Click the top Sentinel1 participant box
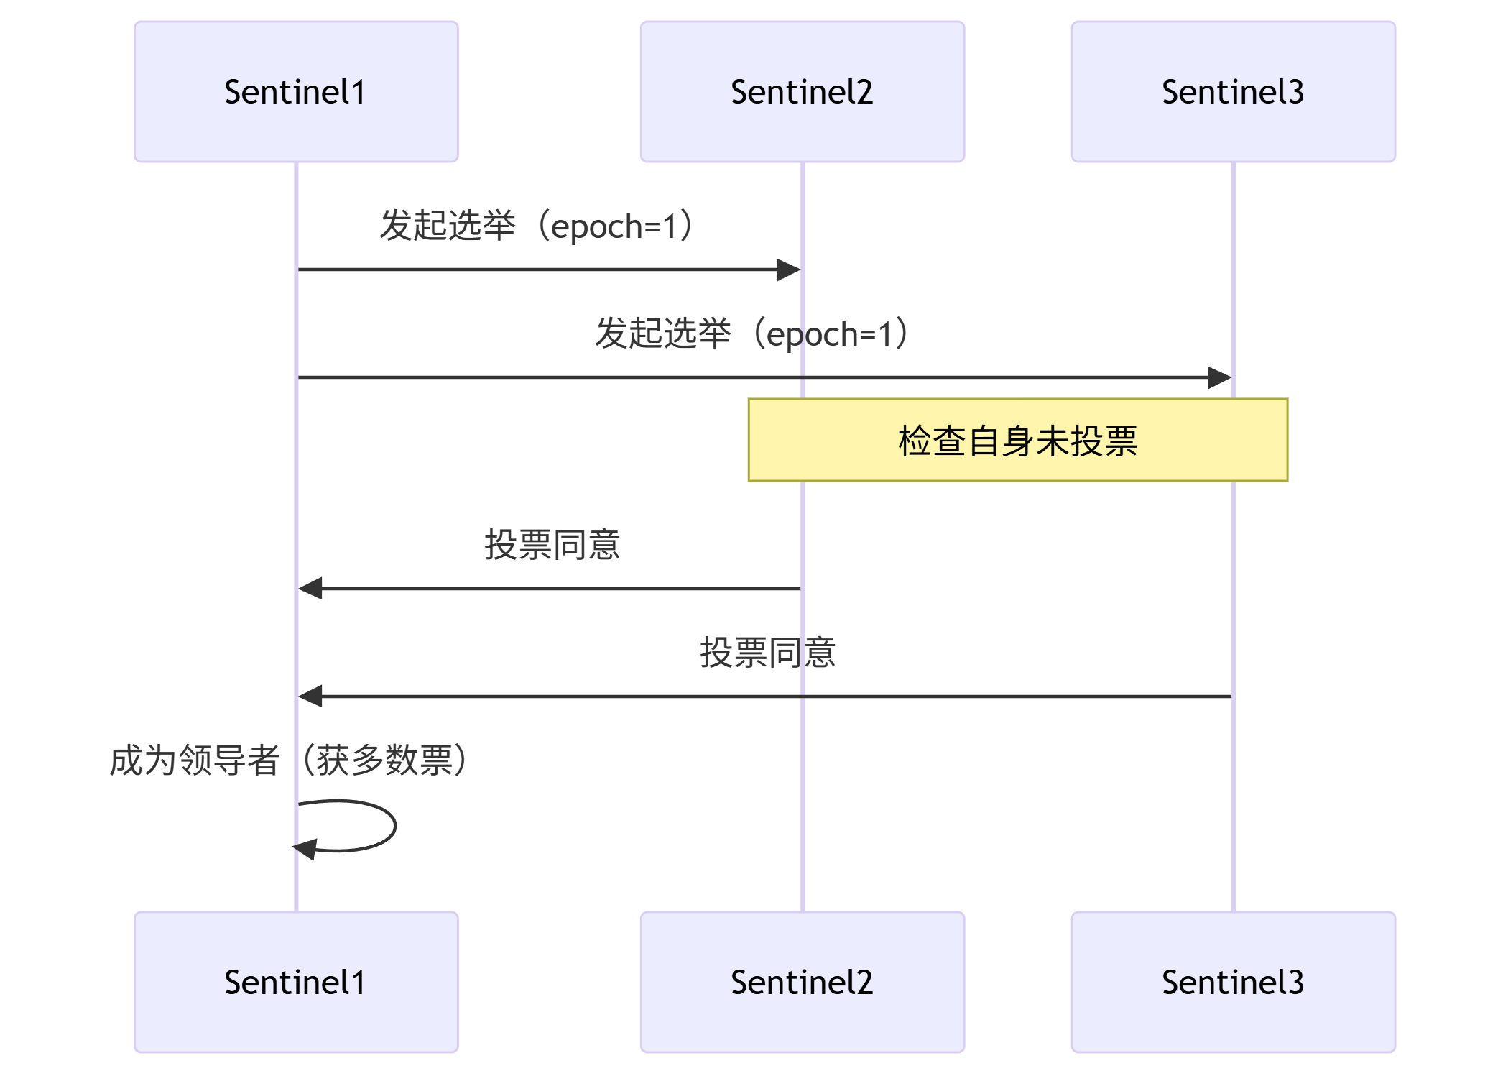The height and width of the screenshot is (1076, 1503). tap(296, 91)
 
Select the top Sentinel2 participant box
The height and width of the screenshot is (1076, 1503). tap(802, 91)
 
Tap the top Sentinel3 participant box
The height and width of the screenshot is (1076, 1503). tap(1233, 91)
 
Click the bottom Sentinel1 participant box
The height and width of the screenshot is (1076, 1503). tap(296, 982)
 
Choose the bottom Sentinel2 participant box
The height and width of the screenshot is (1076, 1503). tap(802, 982)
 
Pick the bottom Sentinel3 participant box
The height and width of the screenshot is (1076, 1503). tap(1233, 982)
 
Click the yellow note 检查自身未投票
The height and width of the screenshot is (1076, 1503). tap(1017, 440)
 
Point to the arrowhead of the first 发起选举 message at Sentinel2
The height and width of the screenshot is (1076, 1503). tap(790, 270)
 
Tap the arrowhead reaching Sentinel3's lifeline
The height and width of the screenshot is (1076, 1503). tap(1220, 377)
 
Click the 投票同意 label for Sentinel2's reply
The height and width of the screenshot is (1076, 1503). tap(552, 544)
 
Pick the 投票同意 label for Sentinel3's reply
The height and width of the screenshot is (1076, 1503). tap(767, 652)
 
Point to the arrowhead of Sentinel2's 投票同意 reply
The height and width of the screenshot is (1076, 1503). tap(310, 588)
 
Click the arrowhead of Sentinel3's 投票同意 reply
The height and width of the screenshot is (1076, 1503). tap(310, 696)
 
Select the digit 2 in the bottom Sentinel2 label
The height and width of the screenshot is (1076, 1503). tap(864, 983)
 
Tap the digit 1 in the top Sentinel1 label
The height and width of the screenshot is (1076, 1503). tap(358, 92)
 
